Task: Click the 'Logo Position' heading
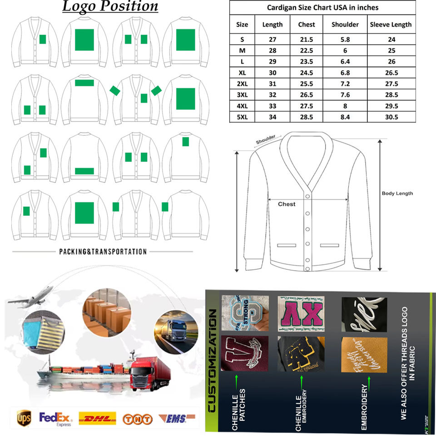(x=110, y=6)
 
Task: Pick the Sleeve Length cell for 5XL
(x=391, y=117)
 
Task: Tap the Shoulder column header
(x=345, y=25)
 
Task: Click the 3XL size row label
(x=242, y=95)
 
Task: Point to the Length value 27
(x=272, y=40)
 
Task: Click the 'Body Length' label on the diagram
(x=397, y=193)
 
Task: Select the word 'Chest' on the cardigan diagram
(x=287, y=204)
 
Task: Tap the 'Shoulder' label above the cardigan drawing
(x=265, y=140)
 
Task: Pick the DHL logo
(x=97, y=418)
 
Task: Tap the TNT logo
(x=137, y=418)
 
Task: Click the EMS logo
(x=176, y=417)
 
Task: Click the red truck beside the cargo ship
(x=150, y=372)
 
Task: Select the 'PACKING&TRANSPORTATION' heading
(x=103, y=251)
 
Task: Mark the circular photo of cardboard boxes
(x=106, y=314)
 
